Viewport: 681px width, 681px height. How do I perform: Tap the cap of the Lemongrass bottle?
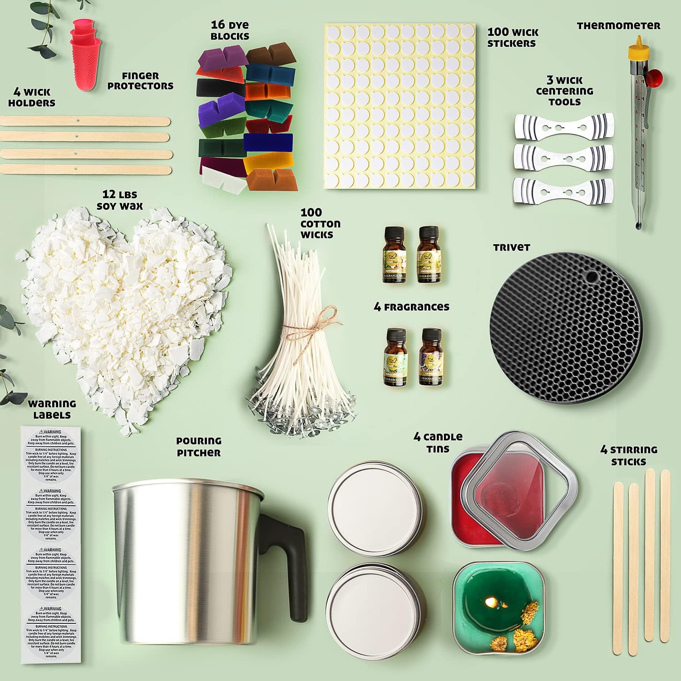(x=428, y=235)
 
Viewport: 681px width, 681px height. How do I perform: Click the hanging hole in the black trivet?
(x=592, y=275)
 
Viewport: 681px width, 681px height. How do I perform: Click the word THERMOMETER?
(x=618, y=26)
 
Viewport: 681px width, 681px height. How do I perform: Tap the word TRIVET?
(x=512, y=247)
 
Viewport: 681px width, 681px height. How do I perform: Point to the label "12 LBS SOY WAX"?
(x=120, y=200)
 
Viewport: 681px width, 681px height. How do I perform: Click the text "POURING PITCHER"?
(x=199, y=447)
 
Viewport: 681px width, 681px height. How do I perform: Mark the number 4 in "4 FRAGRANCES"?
(x=377, y=307)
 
